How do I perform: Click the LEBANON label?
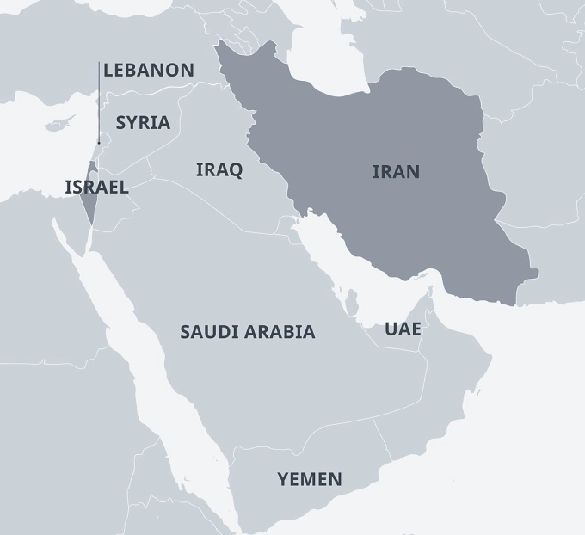pyautogui.click(x=148, y=71)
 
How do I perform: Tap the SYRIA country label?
pyautogui.click(x=143, y=122)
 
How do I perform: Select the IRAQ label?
pyautogui.click(x=219, y=169)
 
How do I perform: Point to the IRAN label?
pyautogui.click(x=396, y=171)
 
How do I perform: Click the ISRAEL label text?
pyautogui.click(x=96, y=187)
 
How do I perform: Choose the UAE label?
pyautogui.click(x=403, y=328)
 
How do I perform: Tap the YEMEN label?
pyautogui.click(x=309, y=479)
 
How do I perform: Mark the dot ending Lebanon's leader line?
pyautogui.click(x=99, y=142)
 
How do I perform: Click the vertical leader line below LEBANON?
pyautogui.click(x=99, y=103)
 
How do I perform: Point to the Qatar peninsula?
pyautogui.click(x=352, y=302)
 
